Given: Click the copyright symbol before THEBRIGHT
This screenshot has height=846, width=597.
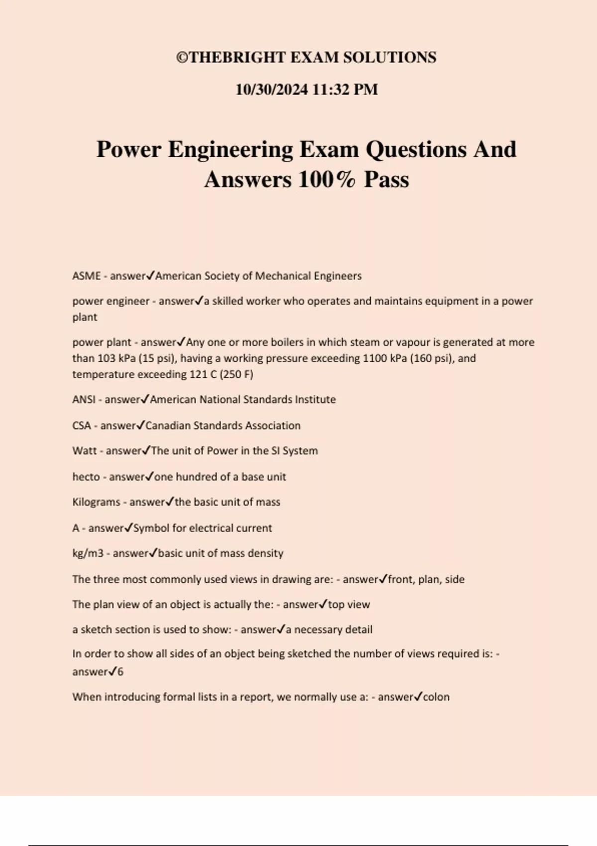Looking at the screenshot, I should (183, 58).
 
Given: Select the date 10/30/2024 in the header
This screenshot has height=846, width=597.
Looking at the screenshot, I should (272, 90).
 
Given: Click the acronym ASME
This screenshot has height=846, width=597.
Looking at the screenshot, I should (87, 276).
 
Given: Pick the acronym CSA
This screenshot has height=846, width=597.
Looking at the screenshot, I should (82, 426).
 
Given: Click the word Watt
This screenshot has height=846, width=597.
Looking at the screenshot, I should (85, 451).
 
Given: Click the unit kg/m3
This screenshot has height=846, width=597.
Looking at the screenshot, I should (88, 553).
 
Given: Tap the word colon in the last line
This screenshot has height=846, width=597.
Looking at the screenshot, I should (436, 697).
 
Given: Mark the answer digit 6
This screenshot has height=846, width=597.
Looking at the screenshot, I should (120, 672).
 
